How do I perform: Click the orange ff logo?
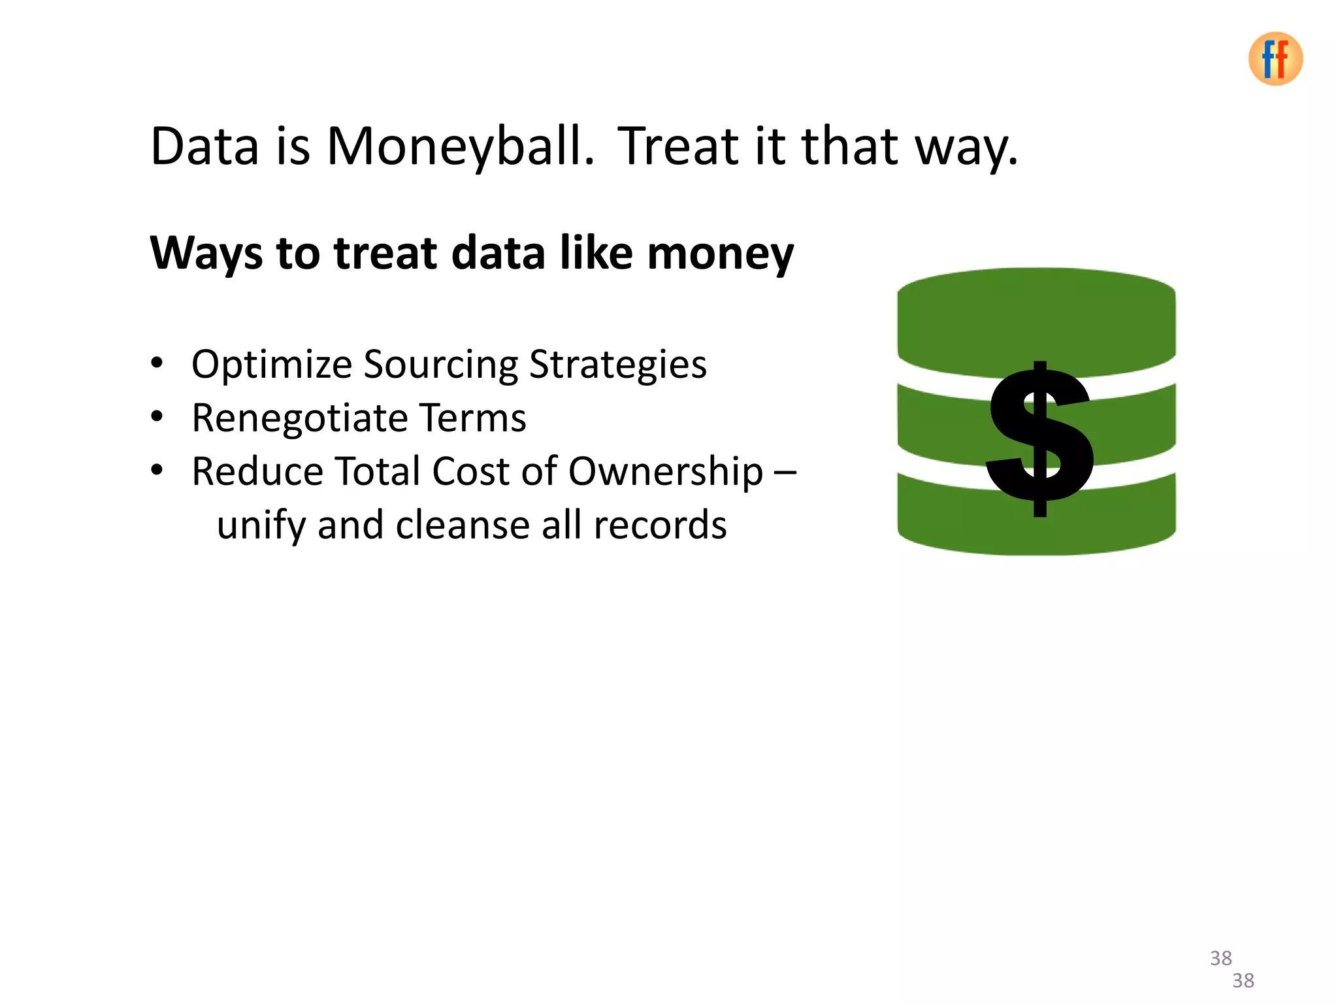[1275, 59]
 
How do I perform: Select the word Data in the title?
[204, 146]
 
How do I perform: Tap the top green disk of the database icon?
[1036, 320]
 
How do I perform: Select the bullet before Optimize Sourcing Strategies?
[157, 363]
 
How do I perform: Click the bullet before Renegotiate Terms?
[157, 416]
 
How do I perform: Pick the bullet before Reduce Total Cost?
[157, 470]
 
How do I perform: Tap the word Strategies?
[617, 365]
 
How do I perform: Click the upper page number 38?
[1220, 958]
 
